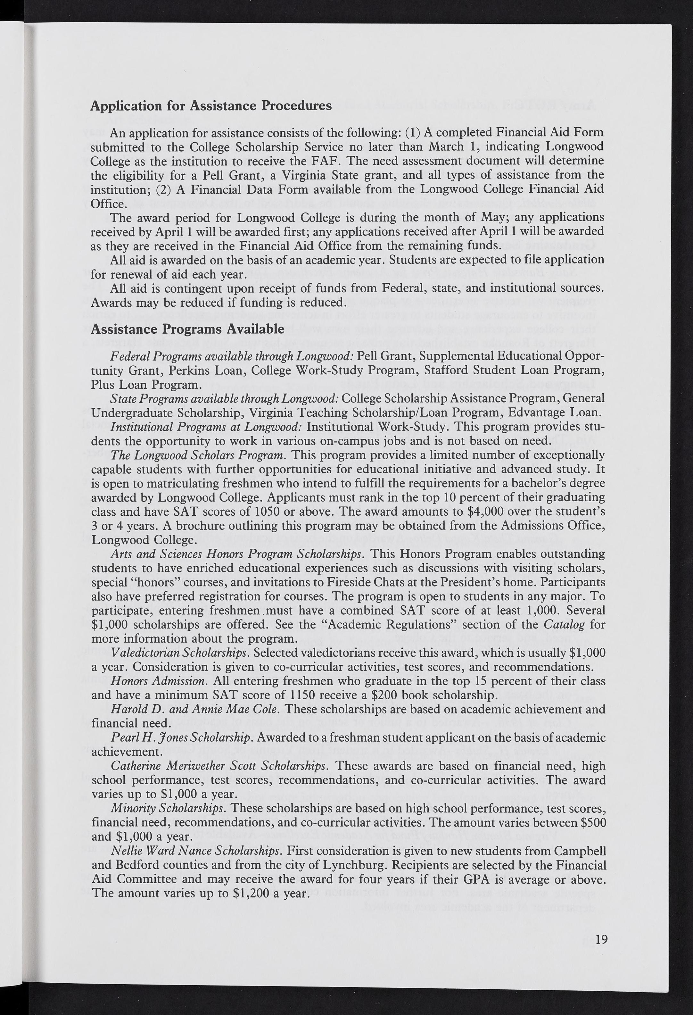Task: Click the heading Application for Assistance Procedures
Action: tap(211, 106)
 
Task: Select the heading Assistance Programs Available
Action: tap(187, 329)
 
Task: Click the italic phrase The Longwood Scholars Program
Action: tap(198, 455)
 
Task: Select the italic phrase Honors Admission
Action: tap(158, 681)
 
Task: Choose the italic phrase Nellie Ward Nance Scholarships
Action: tap(195, 851)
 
